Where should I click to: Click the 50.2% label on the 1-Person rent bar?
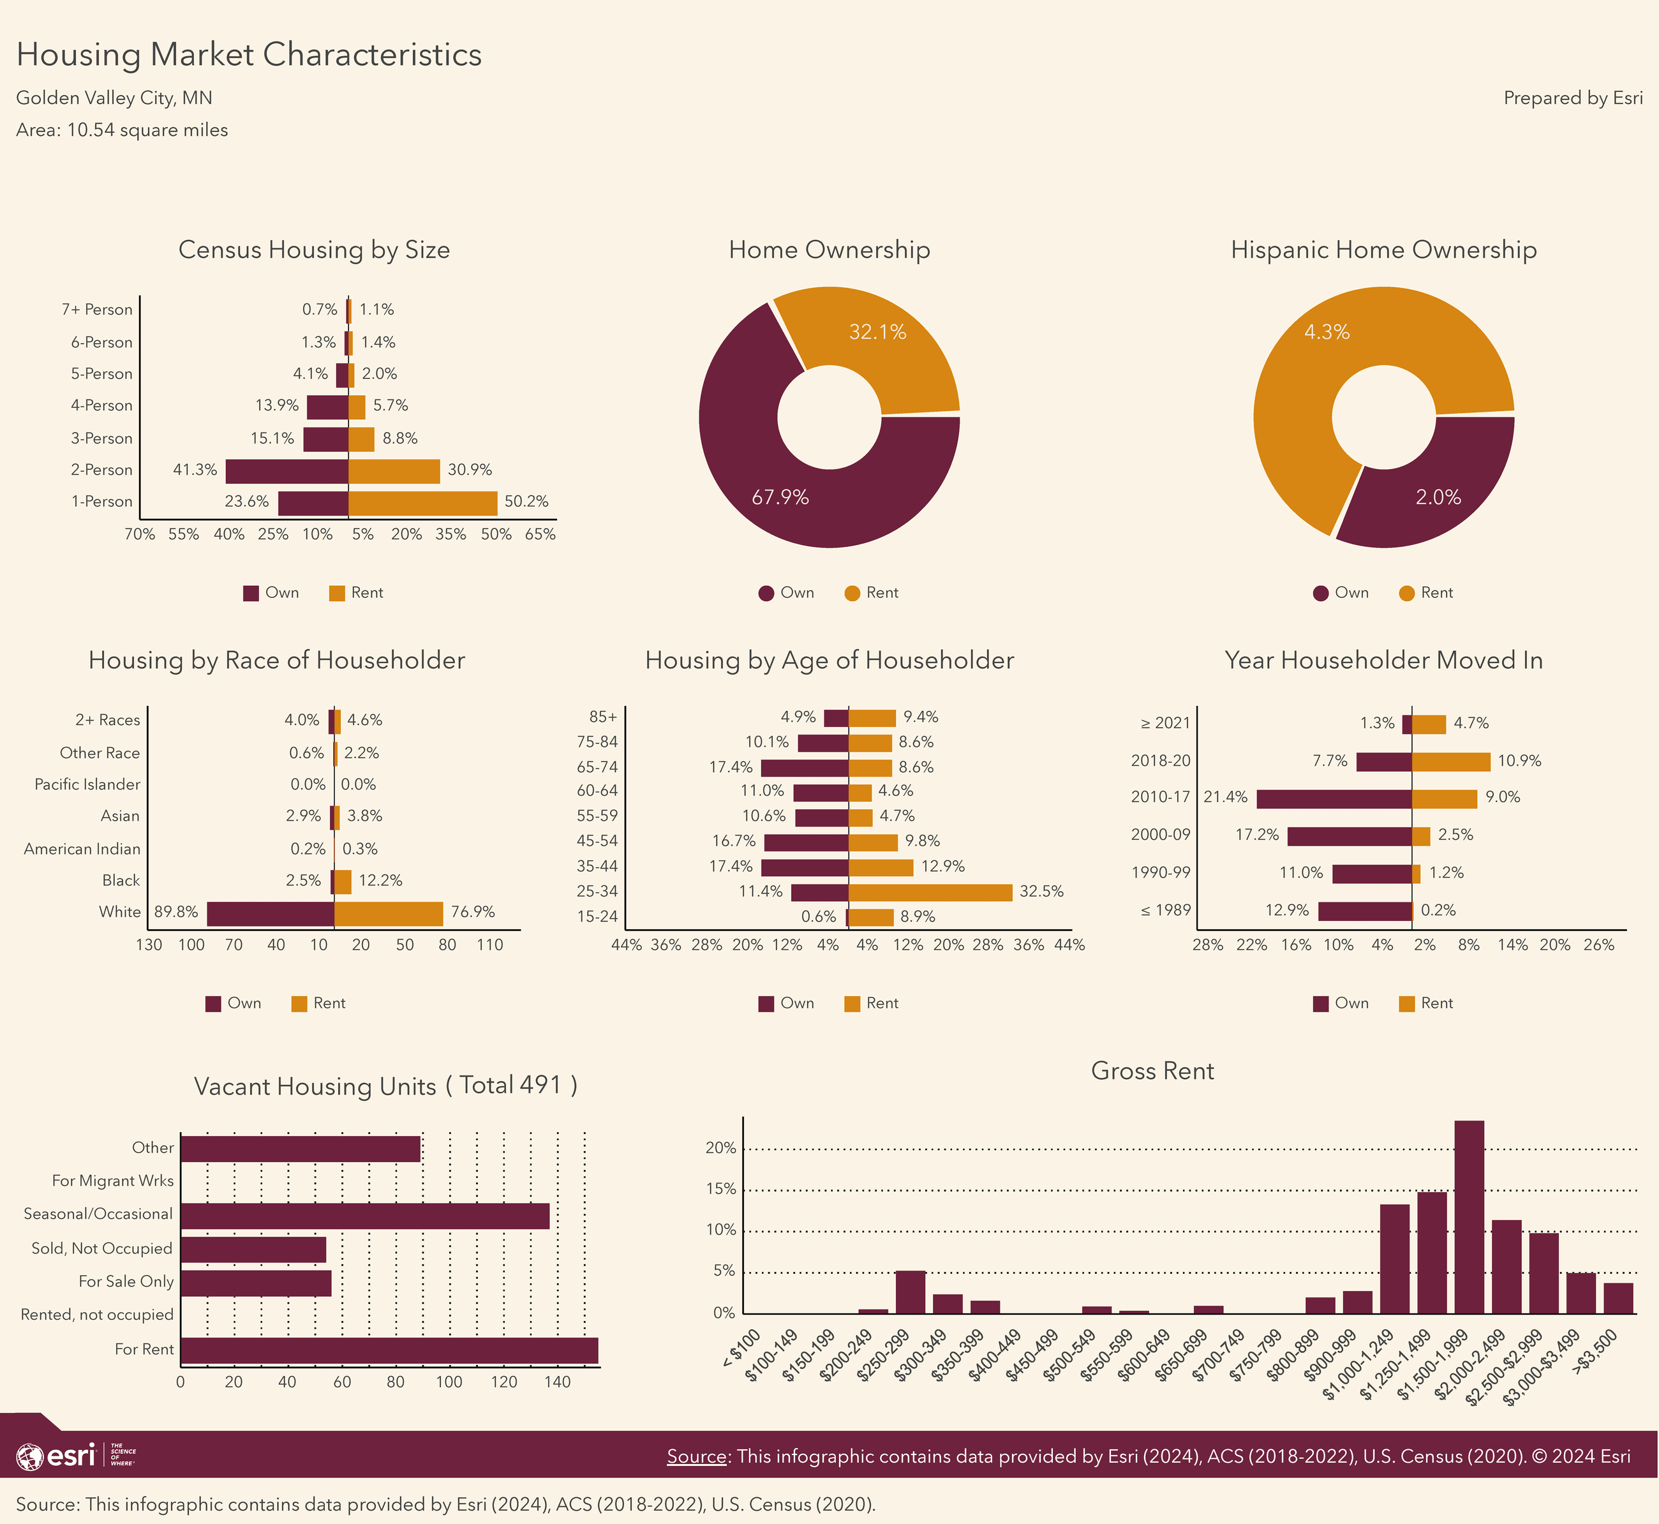[526, 502]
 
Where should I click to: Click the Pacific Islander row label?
[87, 784]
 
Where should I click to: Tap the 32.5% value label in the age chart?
[1041, 892]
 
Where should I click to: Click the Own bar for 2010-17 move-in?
[1334, 798]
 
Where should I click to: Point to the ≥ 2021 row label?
[1165, 723]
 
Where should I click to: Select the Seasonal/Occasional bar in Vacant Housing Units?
[364, 1216]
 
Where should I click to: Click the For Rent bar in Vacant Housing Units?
[389, 1350]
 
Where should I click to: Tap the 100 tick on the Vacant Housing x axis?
[449, 1382]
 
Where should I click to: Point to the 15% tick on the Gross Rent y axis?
[720, 1189]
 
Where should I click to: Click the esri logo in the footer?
[56, 1456]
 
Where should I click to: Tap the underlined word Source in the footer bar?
[696, 1456]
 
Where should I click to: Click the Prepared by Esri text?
[1572, 98]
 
